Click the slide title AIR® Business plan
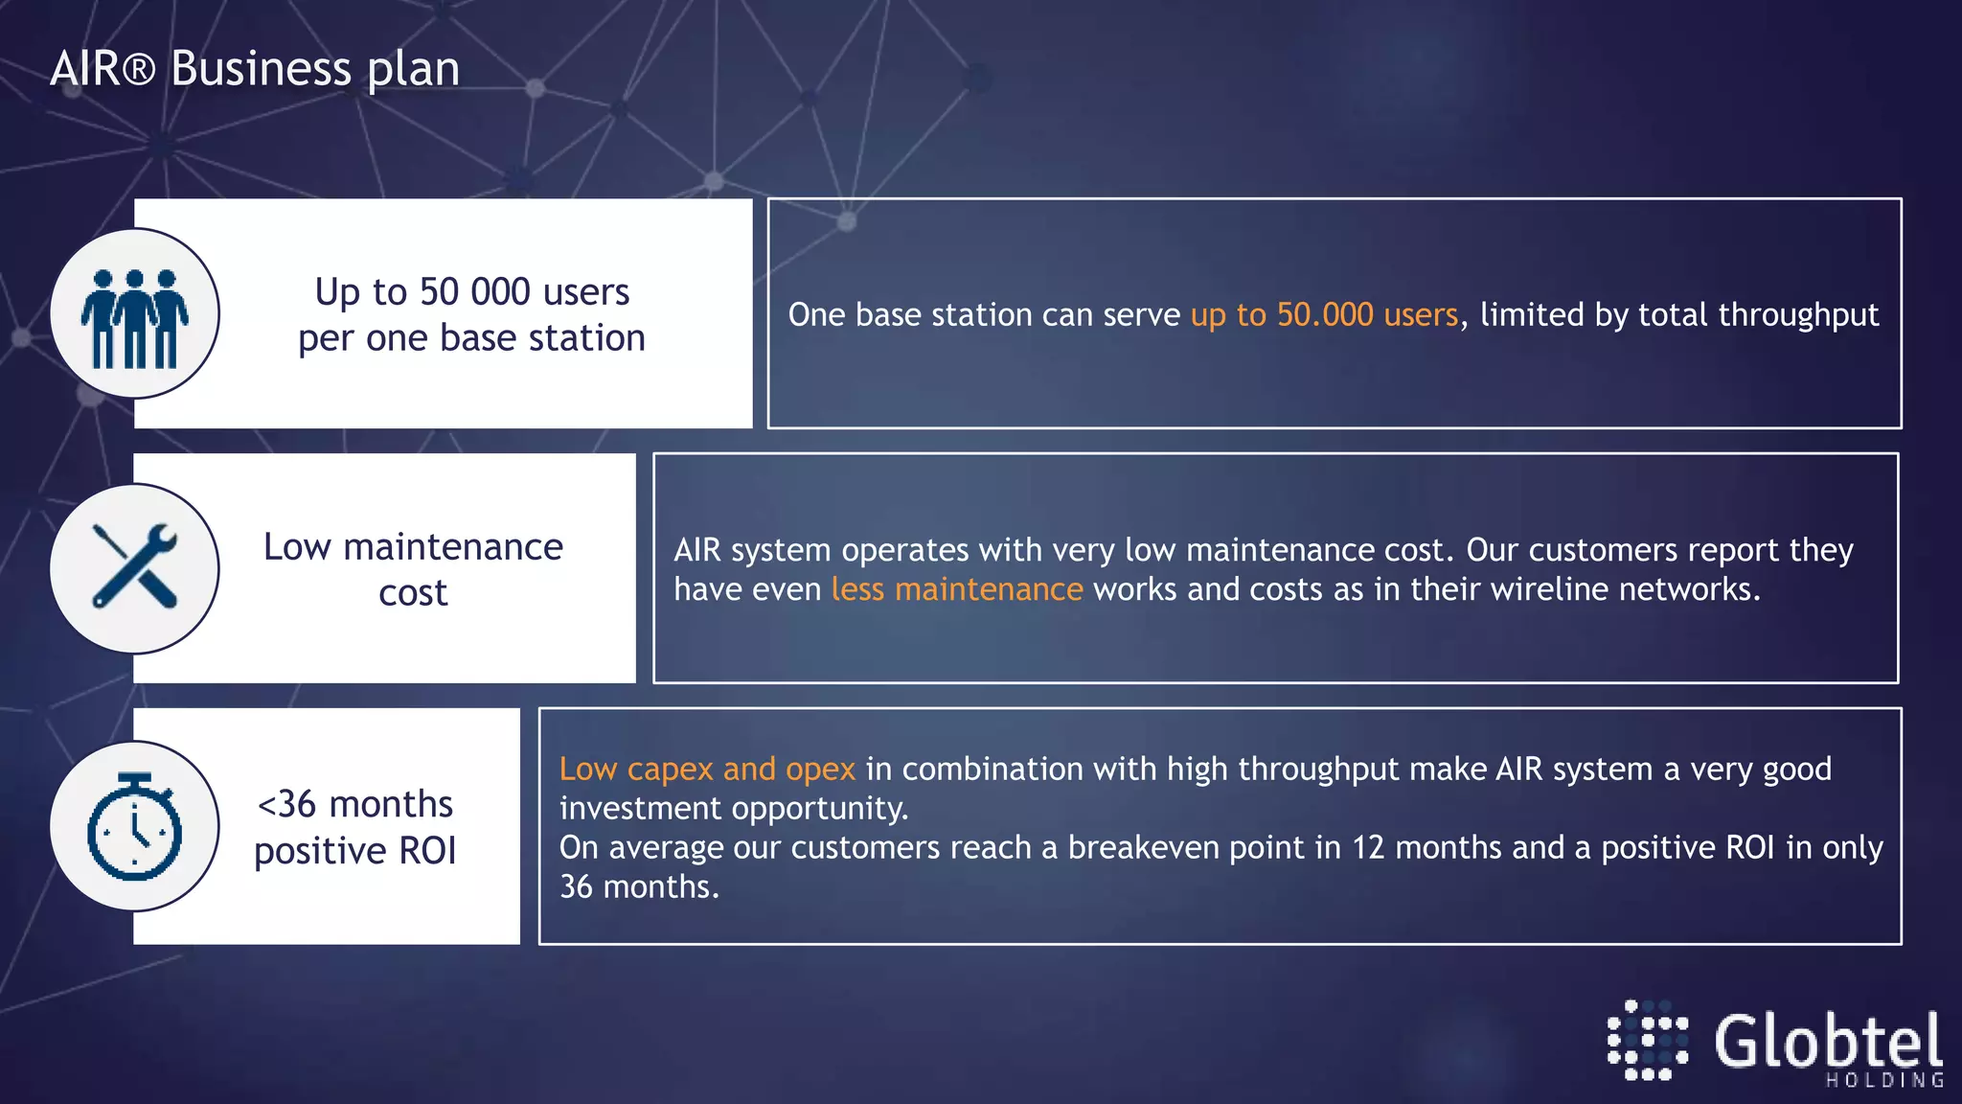click(255, 69)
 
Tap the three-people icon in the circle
click(135, 316)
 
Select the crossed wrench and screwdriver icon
click(135, 567)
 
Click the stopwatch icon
click(134, 826)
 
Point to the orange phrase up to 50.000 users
click(1323, 315)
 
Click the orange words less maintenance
click(956, 589)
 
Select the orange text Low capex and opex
click(706, 770)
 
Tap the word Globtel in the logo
click(1827, 1042)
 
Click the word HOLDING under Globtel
click(1883, 1081)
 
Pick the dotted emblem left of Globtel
click(1647, 1041)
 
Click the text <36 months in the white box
click(354, 804)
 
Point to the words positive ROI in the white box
click(354, 851)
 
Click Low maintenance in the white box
click(413, 547)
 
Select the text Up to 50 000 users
click(471, 292)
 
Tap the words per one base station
click(471, 338)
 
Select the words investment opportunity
click(733, 809)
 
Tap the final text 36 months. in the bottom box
click(639, 887)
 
